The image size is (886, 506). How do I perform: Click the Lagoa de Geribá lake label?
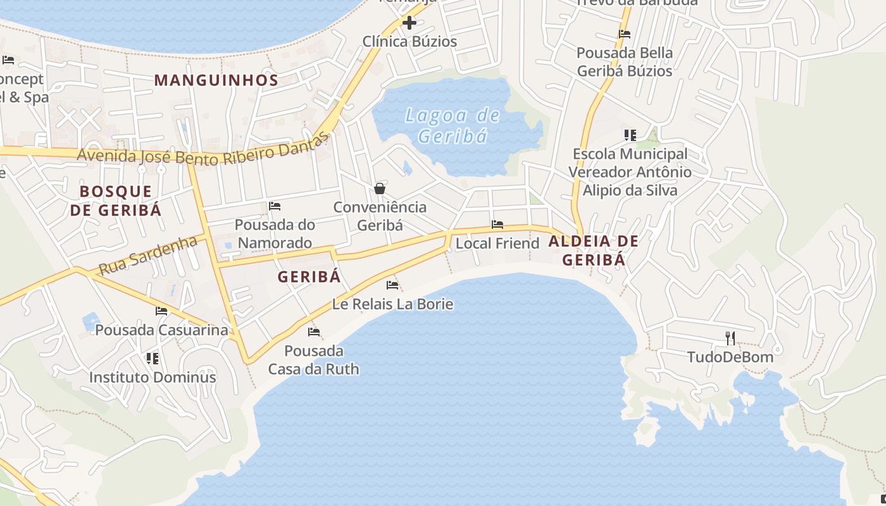(452, 125)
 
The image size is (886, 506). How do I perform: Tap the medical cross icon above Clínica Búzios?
(409, 23)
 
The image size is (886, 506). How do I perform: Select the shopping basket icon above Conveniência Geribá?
(380, 188)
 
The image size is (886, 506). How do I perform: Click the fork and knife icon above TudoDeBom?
(730, 338)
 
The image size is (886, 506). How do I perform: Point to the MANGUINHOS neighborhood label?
(216, 80)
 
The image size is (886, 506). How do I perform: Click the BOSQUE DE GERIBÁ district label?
(116, 201)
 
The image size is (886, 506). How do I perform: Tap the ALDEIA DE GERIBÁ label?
(593, 250)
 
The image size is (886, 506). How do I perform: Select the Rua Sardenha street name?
(148, 255)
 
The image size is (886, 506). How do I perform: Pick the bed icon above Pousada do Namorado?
(275, 206)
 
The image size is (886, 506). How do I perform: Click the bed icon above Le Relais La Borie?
(392, 285)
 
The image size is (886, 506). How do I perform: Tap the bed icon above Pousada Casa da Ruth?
(313, 332)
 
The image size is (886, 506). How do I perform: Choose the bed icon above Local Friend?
(497, 225)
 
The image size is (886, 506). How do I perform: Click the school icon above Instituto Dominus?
(152, 359)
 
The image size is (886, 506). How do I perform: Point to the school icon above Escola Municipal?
(630, 135)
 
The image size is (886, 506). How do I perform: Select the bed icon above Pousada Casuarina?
(161, 311)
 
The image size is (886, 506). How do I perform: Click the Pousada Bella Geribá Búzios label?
(624, 61)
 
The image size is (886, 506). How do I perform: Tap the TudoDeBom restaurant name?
(730, 357)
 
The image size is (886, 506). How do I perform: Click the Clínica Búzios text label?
(409, 42)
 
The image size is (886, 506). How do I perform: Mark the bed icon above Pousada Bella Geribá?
(625, 34)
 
